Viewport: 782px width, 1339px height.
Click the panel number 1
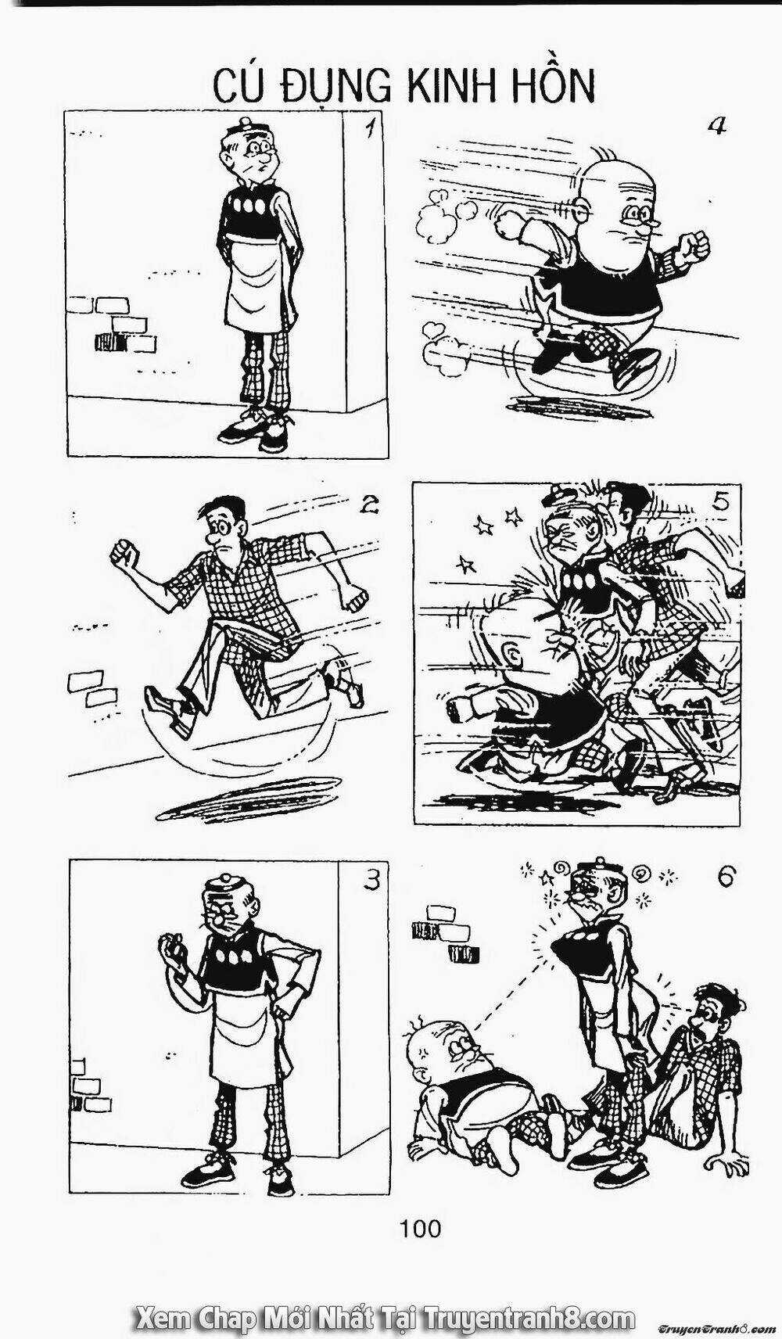click(x=371, y=129)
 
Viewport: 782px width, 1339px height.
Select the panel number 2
click(x=368, y=506)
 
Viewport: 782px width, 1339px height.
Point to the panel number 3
click(x=371, y=881)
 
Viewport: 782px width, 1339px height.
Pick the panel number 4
click(x=716, y=125)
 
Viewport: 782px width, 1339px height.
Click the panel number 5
click(x=720, y=501)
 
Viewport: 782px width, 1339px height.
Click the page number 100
click(x=420, y=1230)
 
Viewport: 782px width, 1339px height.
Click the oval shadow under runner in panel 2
click(x=249, y=798)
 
